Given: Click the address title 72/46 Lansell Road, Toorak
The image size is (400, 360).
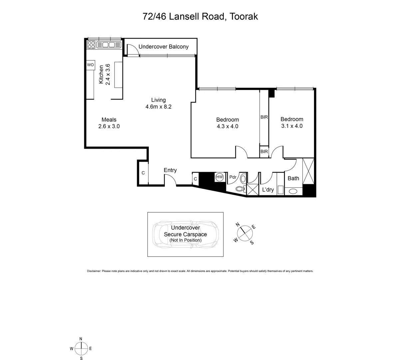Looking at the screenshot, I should [x=200, y=16].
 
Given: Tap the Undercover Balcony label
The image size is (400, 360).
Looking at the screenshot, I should [x=163, y=47].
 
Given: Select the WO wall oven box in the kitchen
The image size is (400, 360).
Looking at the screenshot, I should [x=90, y=65].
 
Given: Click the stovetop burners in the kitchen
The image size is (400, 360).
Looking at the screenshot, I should [x=91, y=44].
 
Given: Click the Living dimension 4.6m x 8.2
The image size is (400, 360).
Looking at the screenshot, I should [x=158, y=107].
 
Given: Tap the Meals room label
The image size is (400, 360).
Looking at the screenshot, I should [x=109, y=120].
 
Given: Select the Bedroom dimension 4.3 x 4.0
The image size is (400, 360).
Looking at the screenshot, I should [x=227, y=126].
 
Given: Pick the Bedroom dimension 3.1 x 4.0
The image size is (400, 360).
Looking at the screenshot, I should [x=291, y=126].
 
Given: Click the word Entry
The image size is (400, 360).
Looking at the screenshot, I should [x=170, y=170].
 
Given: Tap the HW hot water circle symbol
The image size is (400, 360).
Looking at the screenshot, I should [x=219, y=177].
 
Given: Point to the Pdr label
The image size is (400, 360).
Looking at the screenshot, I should [x=233, y=177].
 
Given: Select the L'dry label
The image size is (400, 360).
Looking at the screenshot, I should [x=268, y=190].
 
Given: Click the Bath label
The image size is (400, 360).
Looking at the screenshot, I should [x=293, y=178].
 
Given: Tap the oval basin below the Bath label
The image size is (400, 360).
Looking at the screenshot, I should [x=293, y=191].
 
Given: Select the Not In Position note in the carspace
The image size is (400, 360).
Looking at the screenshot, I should [x=185, y=240].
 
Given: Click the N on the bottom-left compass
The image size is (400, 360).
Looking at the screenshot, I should [x=81, y=339].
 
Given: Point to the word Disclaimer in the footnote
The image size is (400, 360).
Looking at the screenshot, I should [x=94, y=271].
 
